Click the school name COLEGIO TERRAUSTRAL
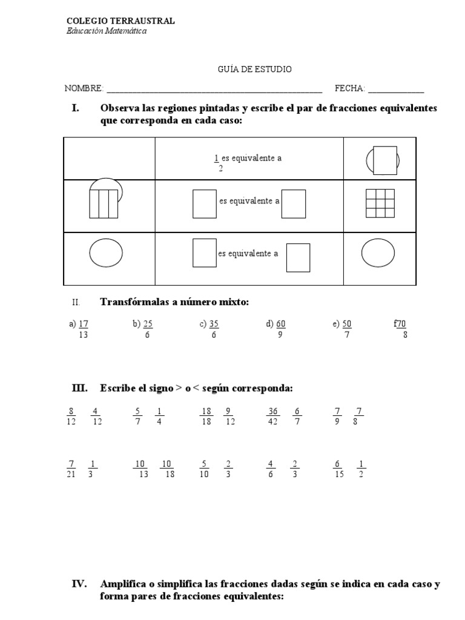tap(120, 21)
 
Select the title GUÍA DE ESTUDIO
tap(254, 70)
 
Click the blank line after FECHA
tap(396, 90)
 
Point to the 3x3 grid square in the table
tap(380, 203)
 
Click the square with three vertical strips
tap(103, 203)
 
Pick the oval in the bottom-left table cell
tap(106, 252)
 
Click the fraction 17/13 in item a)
tap(84, 329)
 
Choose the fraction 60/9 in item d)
tap(280, 329)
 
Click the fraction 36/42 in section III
tap(272, 417)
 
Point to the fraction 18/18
tap(206, 417)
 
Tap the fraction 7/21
tap(71, 469)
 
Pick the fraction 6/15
tap(338, 469)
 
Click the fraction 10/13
tap(142, 469)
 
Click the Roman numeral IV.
tap(80, 584)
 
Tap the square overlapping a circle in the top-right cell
tap(385, 160)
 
